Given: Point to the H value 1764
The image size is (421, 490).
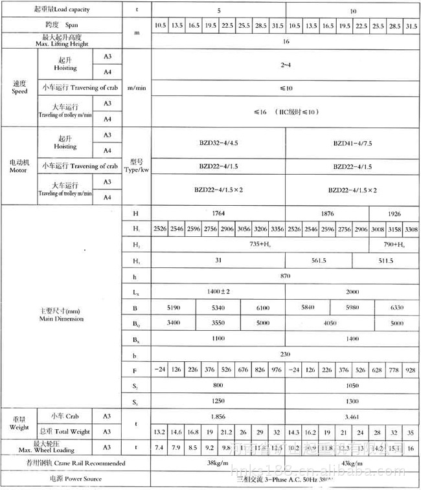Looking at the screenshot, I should pyautogui.click(x=218, y=213).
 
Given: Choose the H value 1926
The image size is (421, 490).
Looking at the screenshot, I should pyautogui.click(x=394, y=213).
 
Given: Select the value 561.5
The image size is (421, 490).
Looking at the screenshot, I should pyautogui.click(x=327, y=260).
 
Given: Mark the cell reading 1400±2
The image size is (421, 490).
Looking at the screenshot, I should pyautogui.click(x=218, y=292).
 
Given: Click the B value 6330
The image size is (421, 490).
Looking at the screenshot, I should pyautogui.click(x=397, y=308).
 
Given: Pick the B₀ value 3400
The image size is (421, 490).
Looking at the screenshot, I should pyautogui.click(x=172, y=324).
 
